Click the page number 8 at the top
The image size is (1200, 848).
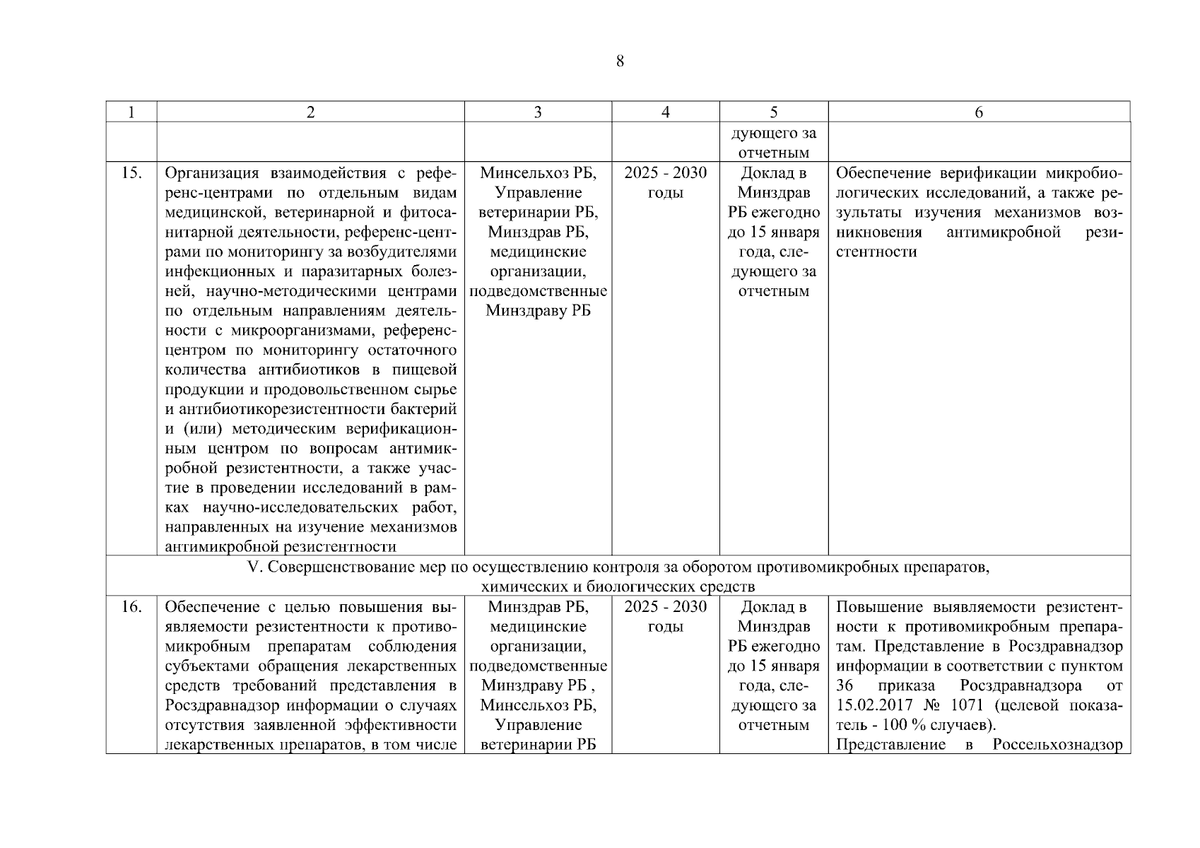pos(620,61)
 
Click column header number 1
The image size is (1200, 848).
pos(131,112)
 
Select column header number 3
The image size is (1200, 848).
pos(538,112)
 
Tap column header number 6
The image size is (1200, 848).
pos(979,112)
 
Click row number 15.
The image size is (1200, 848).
pos(131,173)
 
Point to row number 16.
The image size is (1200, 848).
pos(131,607)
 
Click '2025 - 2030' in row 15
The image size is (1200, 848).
pos(665,173)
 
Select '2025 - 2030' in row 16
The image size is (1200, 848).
pos(665,607)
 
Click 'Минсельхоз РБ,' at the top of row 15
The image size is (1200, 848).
pos(538,173)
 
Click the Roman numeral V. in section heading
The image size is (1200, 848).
pos(256,567)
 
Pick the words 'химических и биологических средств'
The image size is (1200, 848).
pos(618,587)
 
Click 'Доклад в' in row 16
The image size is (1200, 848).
pos(773,607)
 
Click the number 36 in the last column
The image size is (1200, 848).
pos(845,685)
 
